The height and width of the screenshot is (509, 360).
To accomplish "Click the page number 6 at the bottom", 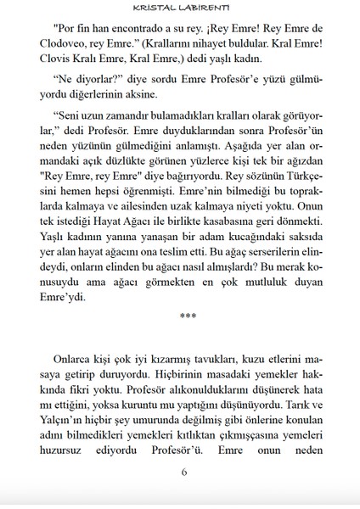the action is pos(183,473).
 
